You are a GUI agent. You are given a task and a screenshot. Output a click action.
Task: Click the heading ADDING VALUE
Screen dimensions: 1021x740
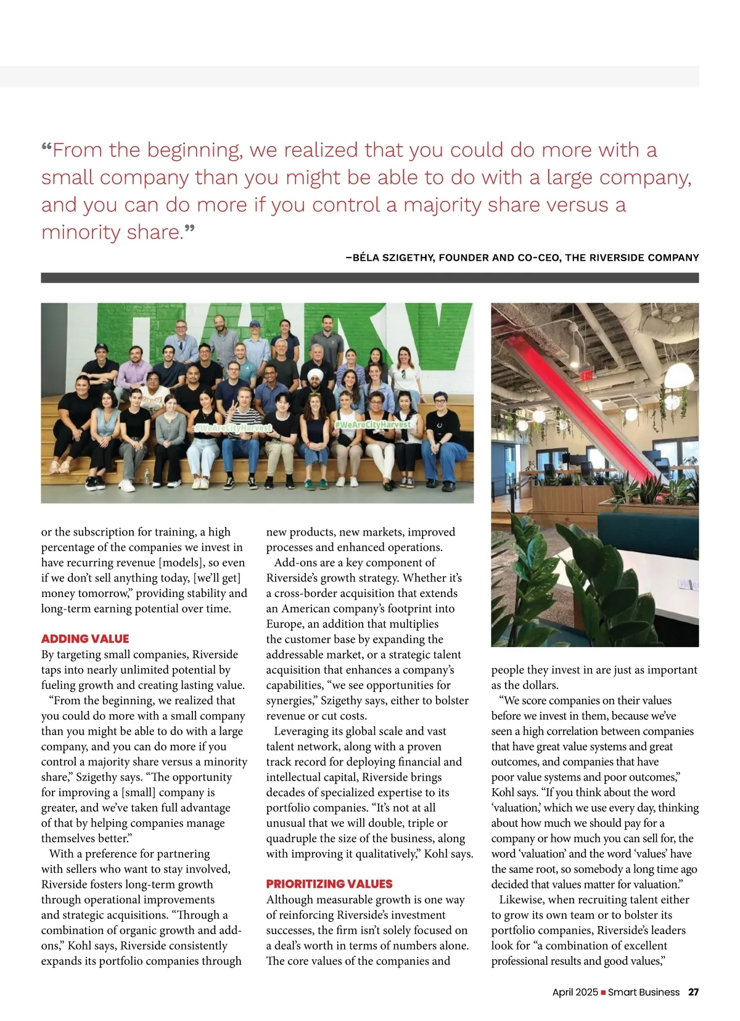pos(85,639)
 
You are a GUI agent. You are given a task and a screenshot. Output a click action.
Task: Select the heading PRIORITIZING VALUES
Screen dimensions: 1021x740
pos(329,884)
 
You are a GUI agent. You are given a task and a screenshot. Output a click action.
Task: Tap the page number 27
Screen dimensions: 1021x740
pos(694,992)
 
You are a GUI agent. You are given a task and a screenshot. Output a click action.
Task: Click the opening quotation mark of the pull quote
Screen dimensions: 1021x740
pos(46,148)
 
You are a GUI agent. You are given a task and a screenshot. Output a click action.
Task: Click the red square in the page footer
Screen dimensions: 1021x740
pos(603,993)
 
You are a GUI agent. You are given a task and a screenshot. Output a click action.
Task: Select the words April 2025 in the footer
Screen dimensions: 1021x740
pos(575,992)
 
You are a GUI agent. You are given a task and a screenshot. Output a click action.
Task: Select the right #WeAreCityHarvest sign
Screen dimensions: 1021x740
pos(372,425)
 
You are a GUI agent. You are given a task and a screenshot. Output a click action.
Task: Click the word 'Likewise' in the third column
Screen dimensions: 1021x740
pos(521,900)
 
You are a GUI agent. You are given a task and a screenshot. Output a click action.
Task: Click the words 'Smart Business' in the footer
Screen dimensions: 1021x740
pos(644,992)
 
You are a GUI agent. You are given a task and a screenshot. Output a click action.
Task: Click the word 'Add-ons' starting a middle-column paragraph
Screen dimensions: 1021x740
pos(295,563)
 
